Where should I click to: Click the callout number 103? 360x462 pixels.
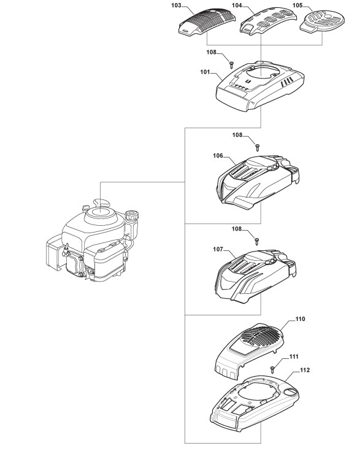(x=176, y=6)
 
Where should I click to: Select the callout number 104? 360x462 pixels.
(x=237, y=6)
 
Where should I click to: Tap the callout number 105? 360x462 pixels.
(x=297, y=6)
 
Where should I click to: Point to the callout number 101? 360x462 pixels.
(x=205, y=72)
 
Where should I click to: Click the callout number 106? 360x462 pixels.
(x=218, y=156)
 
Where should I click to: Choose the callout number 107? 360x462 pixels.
(x=218, y=249)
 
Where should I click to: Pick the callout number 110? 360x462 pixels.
(x=300, y=319)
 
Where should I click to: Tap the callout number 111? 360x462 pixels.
(x=294, y=356)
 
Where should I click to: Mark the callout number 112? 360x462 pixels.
(x=305, y=370)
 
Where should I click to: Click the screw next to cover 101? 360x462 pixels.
(x=232, y=64)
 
